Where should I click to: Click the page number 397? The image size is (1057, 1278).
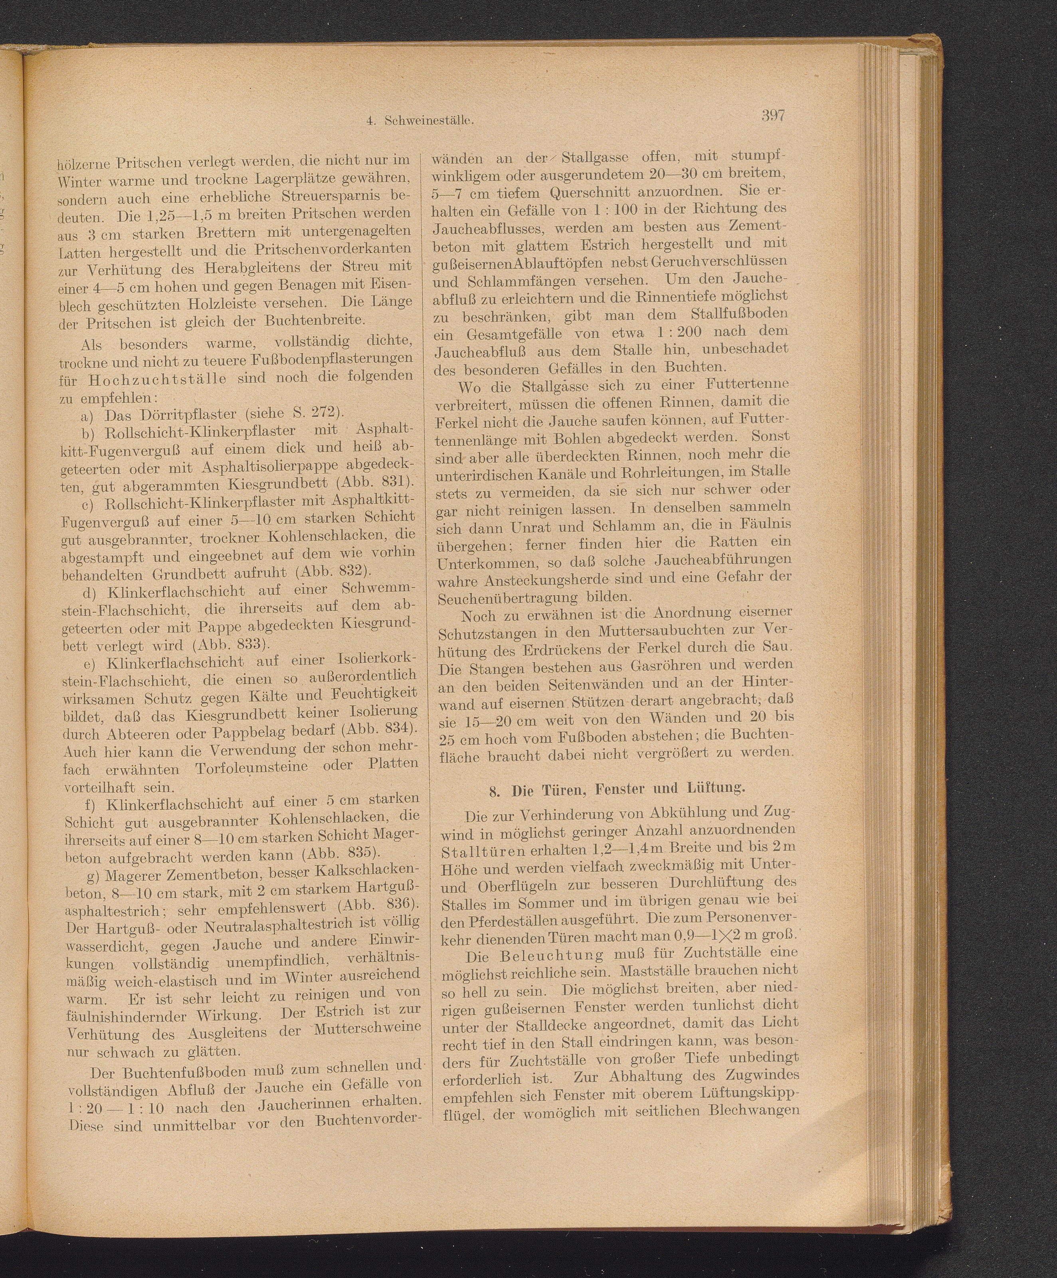click(x=773, y=115)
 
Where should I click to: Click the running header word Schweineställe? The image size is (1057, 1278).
click(x=429, y=121)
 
